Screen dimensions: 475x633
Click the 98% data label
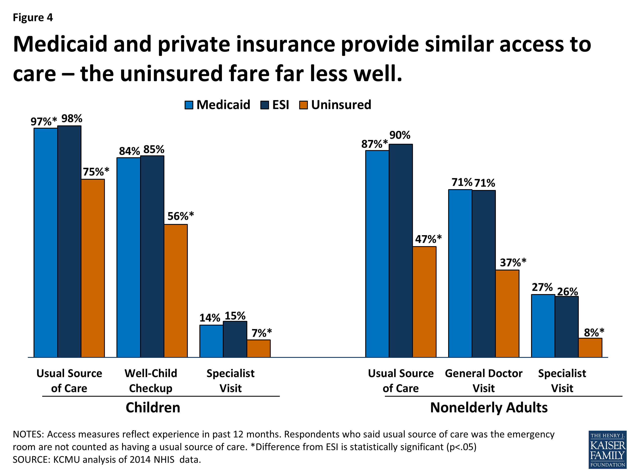(72, 118)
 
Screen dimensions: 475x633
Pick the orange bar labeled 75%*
(93, 268)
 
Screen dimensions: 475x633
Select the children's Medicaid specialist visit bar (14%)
(211, 341)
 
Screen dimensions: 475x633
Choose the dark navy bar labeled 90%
(401, 251)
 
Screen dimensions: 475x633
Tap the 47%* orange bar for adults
(424, 301)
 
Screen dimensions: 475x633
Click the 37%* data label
(513, 262)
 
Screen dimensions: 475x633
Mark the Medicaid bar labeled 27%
(543, 326)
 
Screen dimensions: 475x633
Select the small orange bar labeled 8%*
(590, 347)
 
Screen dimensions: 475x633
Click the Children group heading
(153, 407)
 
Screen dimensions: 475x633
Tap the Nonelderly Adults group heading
(489, 407)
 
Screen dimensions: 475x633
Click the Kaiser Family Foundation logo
(607, 449)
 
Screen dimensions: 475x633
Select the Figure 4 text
(33, 18)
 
